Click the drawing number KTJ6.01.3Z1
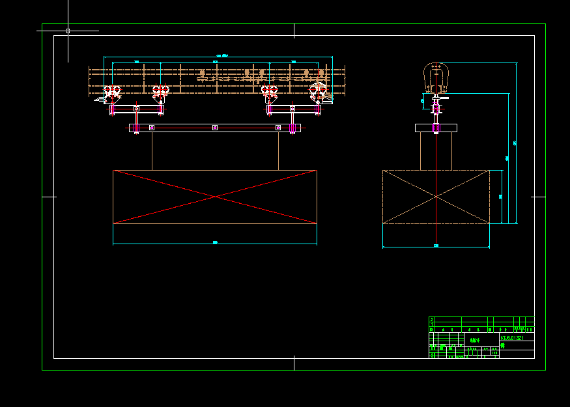512,338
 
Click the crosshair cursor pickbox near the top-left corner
68,31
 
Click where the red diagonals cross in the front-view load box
215,197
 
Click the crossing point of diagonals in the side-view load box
436,197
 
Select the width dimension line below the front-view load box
215,244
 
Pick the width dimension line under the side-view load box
436,247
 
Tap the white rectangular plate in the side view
436,128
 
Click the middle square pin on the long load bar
215,128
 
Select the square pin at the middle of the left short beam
136,108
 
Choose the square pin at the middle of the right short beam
293,108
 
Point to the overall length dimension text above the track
221,56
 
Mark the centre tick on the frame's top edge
294,31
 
